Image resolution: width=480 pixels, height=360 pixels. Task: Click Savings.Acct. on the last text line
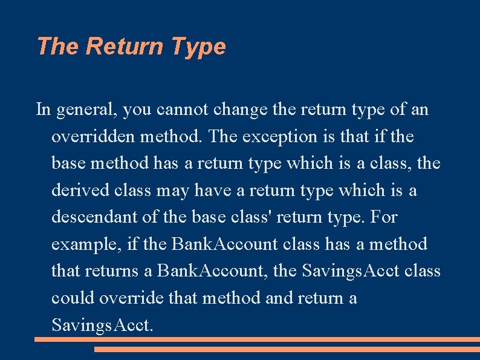click(103, 325)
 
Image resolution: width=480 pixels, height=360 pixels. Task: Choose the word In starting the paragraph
click(43, 110)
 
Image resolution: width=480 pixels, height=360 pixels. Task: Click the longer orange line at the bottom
click(257, 339)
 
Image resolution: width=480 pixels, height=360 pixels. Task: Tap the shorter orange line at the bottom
click(287, 349)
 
